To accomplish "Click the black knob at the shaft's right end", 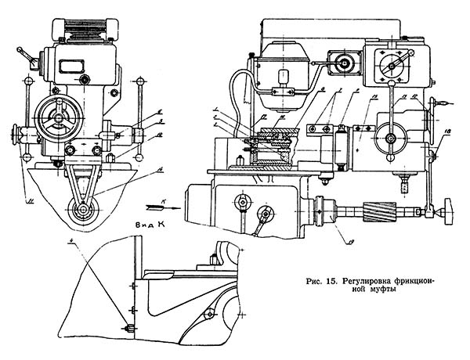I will coord(447,209).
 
